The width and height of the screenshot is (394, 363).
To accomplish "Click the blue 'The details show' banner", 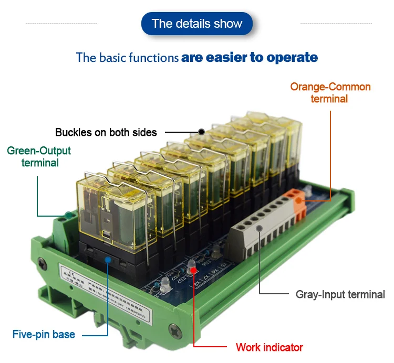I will point(197,24).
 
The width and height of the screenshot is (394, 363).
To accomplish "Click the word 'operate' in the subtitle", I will point(292,57).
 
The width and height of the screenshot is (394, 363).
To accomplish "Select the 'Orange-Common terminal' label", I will point(330,92).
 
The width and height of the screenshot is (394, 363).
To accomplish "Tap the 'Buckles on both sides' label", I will point(106,132).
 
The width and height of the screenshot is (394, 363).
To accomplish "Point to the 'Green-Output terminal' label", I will point(39,157).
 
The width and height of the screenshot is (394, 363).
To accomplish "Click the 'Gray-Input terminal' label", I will point(340,294).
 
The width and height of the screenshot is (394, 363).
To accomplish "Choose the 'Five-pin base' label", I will point(44,334).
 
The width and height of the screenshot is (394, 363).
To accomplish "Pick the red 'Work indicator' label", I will point(269,347).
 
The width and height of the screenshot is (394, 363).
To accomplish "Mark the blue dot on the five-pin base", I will point(108,259).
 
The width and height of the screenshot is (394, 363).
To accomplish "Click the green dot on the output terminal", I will point(68,215).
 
